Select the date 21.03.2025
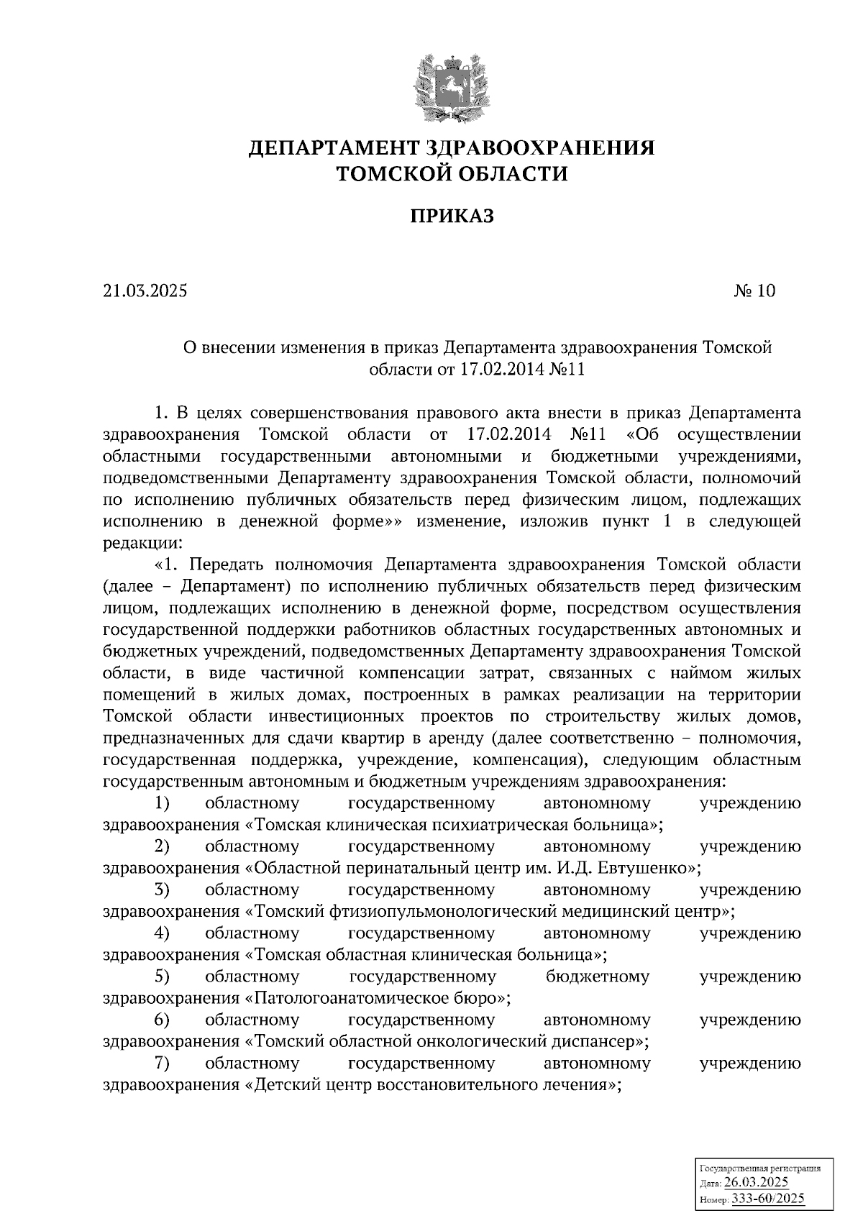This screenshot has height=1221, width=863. coord(145,291)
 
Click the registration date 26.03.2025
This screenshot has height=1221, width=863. coord(756,1184)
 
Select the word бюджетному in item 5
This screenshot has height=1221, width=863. coord(597,977)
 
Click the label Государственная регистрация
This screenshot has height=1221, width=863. coord(759,1169)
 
